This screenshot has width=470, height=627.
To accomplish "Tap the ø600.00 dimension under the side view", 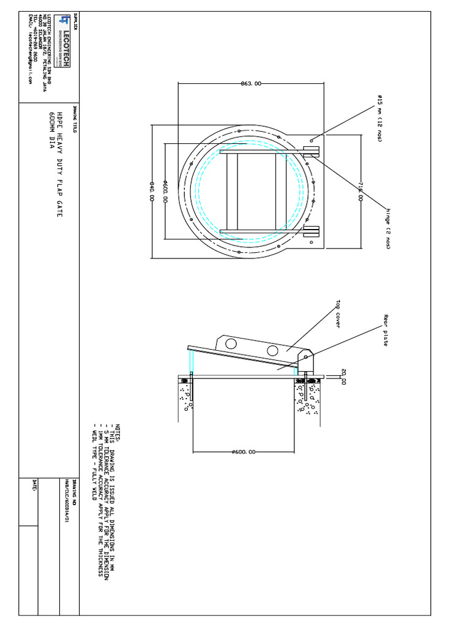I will click(244, 452).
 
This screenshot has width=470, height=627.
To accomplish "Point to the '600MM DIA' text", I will click(51, 132).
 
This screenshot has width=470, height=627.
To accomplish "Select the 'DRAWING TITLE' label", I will click(75, 118).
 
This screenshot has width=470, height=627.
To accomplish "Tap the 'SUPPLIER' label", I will click(75, 22).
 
